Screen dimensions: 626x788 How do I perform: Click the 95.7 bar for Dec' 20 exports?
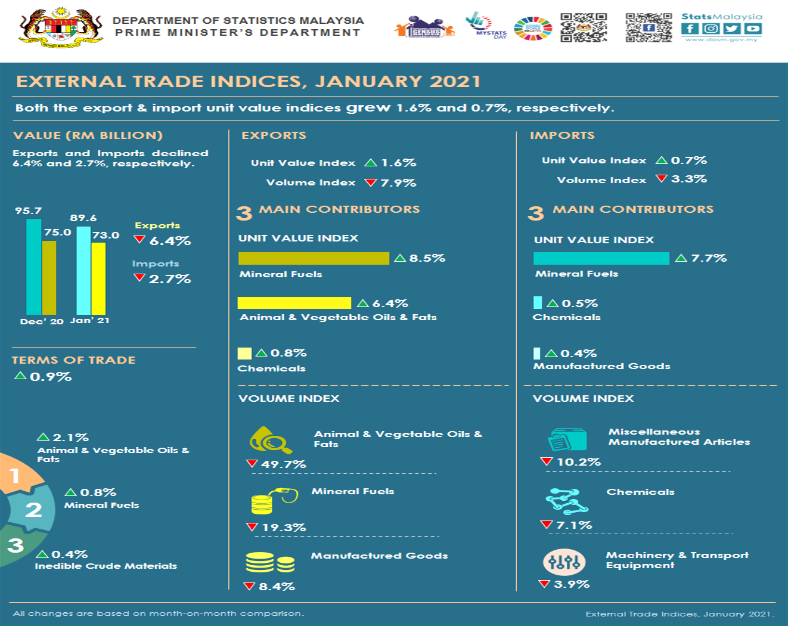click(34, 266)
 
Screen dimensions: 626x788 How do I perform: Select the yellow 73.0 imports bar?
click(98, 278)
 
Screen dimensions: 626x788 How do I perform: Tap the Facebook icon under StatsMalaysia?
click(690, 29)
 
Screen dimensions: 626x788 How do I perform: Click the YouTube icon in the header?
click(753, 29)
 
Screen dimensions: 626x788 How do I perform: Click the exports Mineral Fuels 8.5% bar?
click(314, 258)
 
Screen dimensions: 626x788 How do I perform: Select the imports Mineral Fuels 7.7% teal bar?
click(601, 258)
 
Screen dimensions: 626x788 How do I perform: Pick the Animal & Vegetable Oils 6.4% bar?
click(294, 303)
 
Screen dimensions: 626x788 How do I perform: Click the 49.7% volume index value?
click(283, 464)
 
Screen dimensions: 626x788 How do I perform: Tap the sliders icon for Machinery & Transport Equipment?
click(564, 562)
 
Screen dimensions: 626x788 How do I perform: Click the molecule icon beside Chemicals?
click(566, 501)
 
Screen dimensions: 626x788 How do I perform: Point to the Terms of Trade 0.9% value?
click(51, 377)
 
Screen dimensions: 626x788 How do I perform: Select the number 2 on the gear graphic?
click(33, 510)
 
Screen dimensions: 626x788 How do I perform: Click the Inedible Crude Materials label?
click(106, 566)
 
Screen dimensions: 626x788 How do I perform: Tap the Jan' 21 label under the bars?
click(90, 321)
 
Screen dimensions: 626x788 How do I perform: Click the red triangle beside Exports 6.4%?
click(140, 240)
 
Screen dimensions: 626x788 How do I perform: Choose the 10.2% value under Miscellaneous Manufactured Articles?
click(578, 462)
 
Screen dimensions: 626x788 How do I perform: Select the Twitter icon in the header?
click(732, 29)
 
